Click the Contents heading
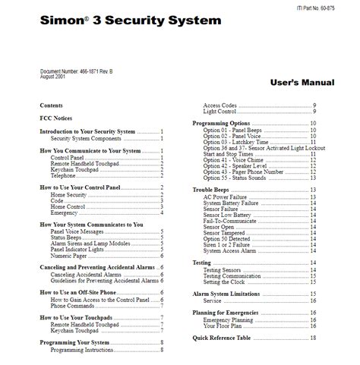tap(51, 105)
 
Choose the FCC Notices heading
tap(56, 118)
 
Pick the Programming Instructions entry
tap(88, 350)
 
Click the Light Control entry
tap(222, 112)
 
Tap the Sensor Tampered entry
tap(229, 233)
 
